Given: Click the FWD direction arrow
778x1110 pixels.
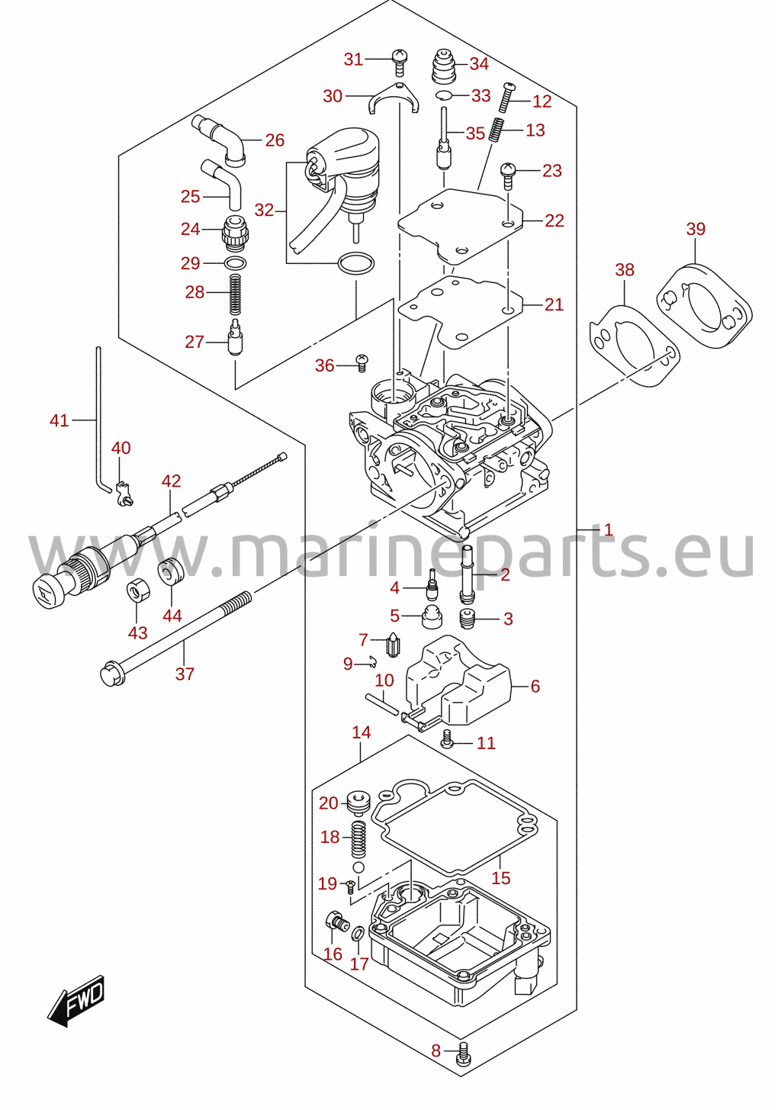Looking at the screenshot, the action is (x=76, y=1001).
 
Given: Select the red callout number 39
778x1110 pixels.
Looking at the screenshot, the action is (x=696, y=229).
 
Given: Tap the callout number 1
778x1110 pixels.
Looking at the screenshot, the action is (x=609, y=529).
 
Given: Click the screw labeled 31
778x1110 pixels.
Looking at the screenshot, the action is (x=399, y=63).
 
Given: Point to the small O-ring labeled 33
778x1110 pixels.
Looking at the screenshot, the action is (x=444, y=95).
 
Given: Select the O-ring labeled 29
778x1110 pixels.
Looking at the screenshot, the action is (x=236, y=262).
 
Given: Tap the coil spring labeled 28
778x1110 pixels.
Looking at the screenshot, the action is (x=236, y=294).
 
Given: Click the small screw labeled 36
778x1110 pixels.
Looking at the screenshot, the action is (x=362, y=362).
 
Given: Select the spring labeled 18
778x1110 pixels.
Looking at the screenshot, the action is (x=359, y=839).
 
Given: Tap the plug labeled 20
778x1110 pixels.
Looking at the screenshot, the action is (x=359, y=803).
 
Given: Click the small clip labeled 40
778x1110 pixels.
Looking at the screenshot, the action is (x=124, y=493).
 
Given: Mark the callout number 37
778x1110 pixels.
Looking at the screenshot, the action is (x=185, y=674).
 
